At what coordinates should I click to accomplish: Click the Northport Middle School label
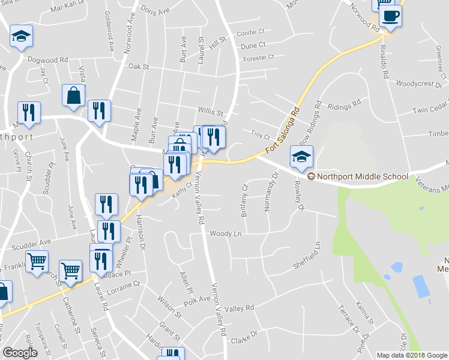[x=362, y=176]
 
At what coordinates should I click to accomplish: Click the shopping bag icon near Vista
[x=74, y=95]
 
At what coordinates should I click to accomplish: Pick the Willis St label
[x=210, y=112]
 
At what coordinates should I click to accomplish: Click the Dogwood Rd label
[x=48, y=60]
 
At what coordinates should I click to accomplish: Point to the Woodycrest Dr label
[x=419, y=85]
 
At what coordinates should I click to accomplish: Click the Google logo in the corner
[x=20, y=353]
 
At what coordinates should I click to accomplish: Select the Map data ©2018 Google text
[x=412, y=355]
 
